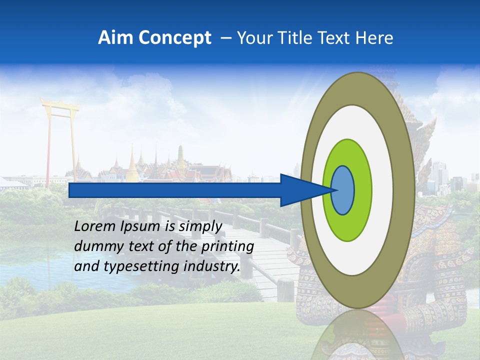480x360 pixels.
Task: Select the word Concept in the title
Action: [174, 38]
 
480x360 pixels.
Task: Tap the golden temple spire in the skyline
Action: [132, 162]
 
